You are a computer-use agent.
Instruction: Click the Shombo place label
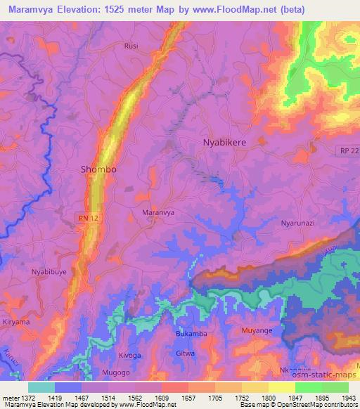[98, 169]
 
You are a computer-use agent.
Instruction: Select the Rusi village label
[131, 46]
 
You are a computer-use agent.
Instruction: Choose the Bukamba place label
[191, 334]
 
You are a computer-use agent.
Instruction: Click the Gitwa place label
[186, 353]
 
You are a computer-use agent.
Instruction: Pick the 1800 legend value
[257, 397]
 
